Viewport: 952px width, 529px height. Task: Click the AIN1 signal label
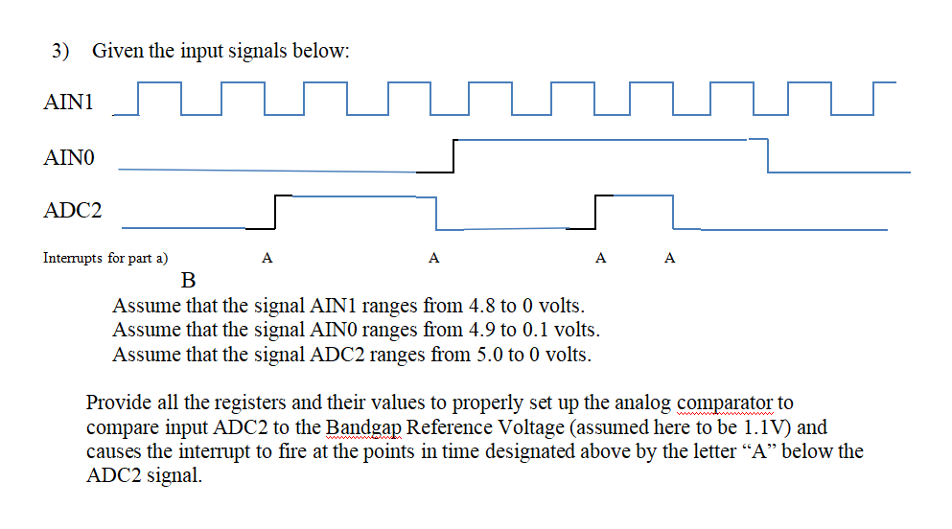click(x=69, y=101)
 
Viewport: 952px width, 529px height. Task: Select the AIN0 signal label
click(x=69, y=155)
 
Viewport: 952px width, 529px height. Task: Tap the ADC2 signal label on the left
click(x=72, y=210)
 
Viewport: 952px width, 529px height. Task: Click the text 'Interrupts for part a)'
click(x=105, y=258)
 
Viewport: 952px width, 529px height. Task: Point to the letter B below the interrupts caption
click(x=189, y=281)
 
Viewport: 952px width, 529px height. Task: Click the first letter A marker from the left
click(x=267, y=258)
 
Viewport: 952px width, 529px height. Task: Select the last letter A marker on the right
click(x=670, y=258)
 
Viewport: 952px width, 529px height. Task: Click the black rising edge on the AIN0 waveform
click(x=453, y=156)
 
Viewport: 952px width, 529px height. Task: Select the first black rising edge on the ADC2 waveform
click(x=275, y=212)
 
